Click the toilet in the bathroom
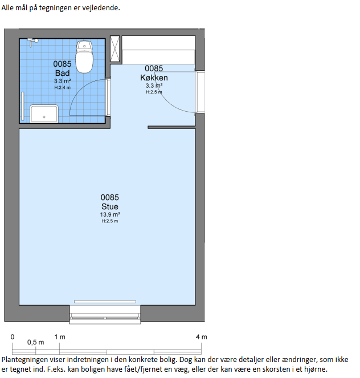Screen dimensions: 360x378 pyautogui.click(x=84, y=57)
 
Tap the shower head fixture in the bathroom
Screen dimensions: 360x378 pyautogui.click(x=32, y=42)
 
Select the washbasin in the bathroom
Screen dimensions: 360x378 pyautogui.click(x=44, y=113)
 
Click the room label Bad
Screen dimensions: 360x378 pyautogui.click(x=62, y=73)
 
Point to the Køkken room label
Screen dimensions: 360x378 pyautogui.click(x=154, y=78)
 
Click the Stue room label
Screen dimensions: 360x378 pyautogui.click(x=110, y=206)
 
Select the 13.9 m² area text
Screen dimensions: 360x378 pyautogui.click(x=110, y=214)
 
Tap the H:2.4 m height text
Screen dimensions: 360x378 pyautogui.click(x=62, y=87)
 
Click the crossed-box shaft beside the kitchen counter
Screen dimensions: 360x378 pyautogui.click(x=115, y=48)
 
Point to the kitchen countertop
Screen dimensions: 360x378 pyautogui.click(x=158, y=50)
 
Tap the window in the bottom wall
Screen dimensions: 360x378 pyautogui.click(x=105, y=315)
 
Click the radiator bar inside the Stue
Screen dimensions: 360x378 pyautogui.click(x=105, y=302)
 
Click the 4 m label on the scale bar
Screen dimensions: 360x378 pyautogui.click(x=201, y=337)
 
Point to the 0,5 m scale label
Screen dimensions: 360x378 pyautogui.click(x=36, y=342)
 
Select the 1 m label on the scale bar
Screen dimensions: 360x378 pyautogui.click(x=60, y=337)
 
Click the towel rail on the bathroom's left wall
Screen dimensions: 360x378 pyautogui.click(x=23, y=106)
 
